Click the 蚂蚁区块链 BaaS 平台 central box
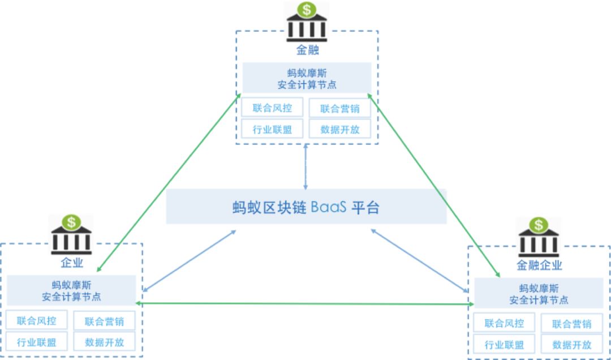point(306,207)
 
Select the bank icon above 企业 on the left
point(71,234)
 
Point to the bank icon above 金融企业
point(539,237)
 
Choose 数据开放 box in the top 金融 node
point(339,129)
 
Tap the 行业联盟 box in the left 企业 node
point(37,342)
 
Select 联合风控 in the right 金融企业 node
point(504,324)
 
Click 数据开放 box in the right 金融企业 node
point(572,344)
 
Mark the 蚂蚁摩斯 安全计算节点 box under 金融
point(307,78)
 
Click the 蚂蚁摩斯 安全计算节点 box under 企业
point(71,291)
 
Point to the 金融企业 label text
point(539,265)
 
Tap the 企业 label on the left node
point(72,263)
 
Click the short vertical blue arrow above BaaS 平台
point(305,167)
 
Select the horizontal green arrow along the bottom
point(305,304)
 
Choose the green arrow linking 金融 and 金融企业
point(436,187)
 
